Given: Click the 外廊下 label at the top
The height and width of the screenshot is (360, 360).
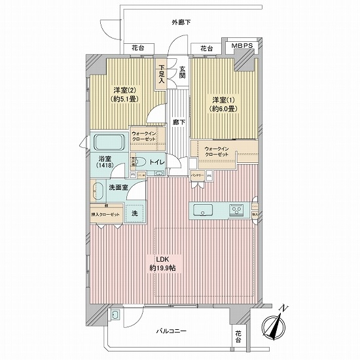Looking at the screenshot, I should tap(181, 22).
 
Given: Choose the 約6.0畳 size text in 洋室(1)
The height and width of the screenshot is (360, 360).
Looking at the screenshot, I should tap(223, 109).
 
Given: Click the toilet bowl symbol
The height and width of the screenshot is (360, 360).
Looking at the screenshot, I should tap(141, 162).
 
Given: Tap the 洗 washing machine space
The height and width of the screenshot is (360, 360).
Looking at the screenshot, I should tap(135, 213).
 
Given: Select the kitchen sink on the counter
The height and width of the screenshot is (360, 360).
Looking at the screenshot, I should tap(202, 211).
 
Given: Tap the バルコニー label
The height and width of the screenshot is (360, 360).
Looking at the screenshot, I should tap(172, 331).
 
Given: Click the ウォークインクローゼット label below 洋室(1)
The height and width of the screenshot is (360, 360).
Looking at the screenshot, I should tap(217, 152).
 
